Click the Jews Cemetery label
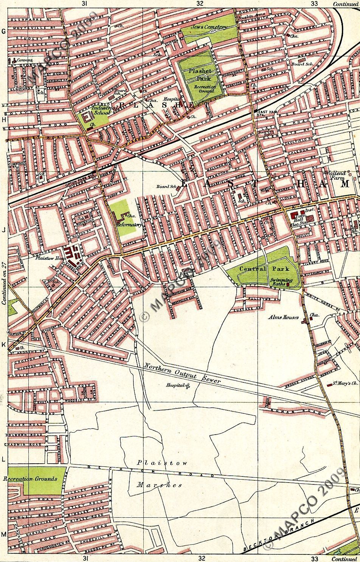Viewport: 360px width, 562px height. coord(209,27)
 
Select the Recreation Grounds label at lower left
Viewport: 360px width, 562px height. coord(30,479)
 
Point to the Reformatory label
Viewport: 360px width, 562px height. coord(129,224)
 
